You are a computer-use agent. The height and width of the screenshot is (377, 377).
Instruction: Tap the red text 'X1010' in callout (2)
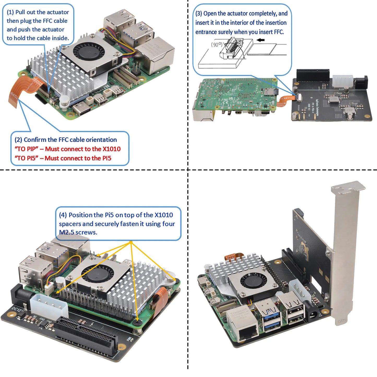[111, 149]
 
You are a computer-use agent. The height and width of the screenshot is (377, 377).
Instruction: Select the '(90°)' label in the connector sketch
[217, 45]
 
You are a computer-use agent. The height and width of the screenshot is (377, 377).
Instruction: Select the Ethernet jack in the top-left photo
[156, 56]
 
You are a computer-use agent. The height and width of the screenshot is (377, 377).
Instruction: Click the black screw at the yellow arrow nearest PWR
[137, 323]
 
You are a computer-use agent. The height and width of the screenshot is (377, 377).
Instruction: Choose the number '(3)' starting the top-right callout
[199, 14]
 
